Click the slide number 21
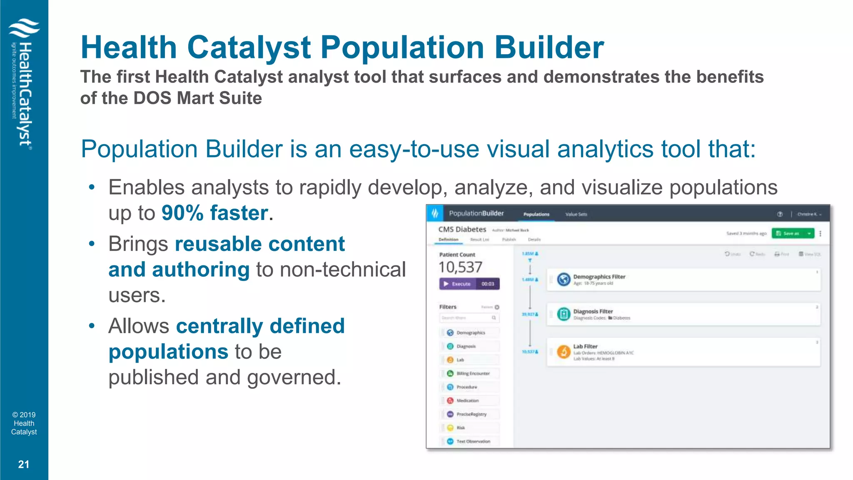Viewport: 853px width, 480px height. [24, 464]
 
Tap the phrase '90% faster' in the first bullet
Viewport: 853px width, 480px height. [214, 213]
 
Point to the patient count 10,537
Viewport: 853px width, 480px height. [460, 267]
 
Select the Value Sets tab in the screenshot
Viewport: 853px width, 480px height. [576, 214]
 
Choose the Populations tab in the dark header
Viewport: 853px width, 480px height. [536, 214]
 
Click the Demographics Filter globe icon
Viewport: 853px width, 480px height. [564, 279]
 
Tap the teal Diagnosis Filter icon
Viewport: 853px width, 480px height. [564, 314]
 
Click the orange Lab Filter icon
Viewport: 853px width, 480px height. [564, 352]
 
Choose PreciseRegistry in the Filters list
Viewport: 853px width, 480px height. [471, 414]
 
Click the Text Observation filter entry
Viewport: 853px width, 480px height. [473, 441]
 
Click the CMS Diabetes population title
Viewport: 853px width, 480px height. [462, 230]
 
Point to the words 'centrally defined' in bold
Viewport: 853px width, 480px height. [260, 326]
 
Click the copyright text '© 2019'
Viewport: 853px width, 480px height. [24, 415]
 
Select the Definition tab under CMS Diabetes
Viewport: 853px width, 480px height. [448, 240]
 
